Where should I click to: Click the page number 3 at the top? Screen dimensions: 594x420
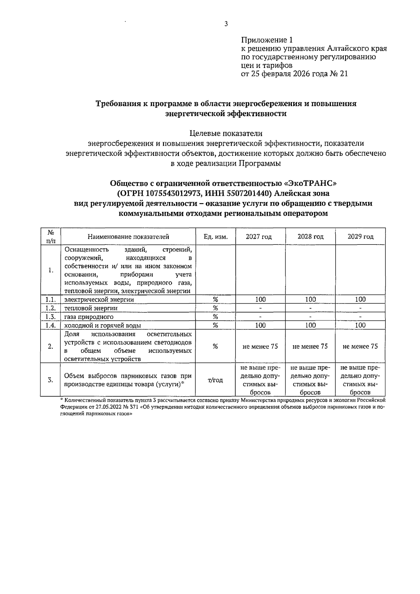226,24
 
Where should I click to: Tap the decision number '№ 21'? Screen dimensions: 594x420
339,74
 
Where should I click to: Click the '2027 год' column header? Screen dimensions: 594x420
259,237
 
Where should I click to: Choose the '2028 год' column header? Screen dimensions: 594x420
310,237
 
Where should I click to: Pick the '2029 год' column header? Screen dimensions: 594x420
360,237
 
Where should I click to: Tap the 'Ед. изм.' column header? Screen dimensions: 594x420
216,237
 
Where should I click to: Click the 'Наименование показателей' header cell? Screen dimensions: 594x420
128,237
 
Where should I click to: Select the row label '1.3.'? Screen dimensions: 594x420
51,317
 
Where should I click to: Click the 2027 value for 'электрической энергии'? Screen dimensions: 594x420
260,299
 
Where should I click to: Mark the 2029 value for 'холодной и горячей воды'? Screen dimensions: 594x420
360,325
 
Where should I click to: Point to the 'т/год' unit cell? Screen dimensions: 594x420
215,380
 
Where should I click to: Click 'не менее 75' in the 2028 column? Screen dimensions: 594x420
310,346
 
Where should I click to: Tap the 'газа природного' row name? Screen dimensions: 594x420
89,317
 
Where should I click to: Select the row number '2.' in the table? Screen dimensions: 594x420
51,346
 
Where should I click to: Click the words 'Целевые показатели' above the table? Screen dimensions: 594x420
226,133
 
